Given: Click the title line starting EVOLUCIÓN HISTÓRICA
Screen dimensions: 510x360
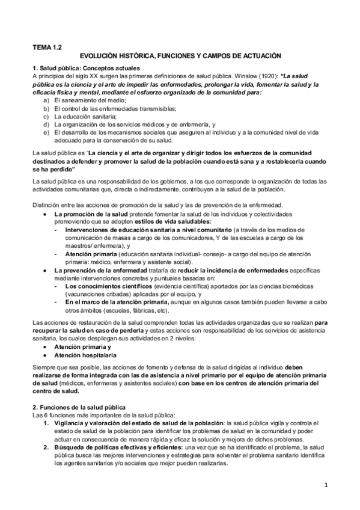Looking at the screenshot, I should pos(180,55).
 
